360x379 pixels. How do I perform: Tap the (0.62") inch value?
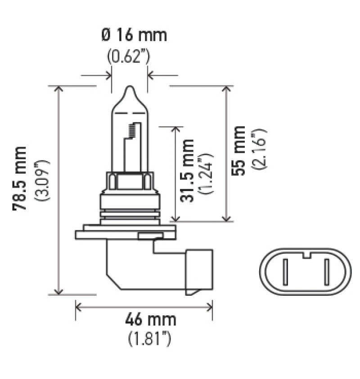[128, 57]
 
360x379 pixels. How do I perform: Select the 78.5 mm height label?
[20, 178]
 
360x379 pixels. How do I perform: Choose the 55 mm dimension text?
[239, 151]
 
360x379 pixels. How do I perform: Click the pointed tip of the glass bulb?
[129, 88]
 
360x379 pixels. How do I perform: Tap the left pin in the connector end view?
[286, 272]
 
